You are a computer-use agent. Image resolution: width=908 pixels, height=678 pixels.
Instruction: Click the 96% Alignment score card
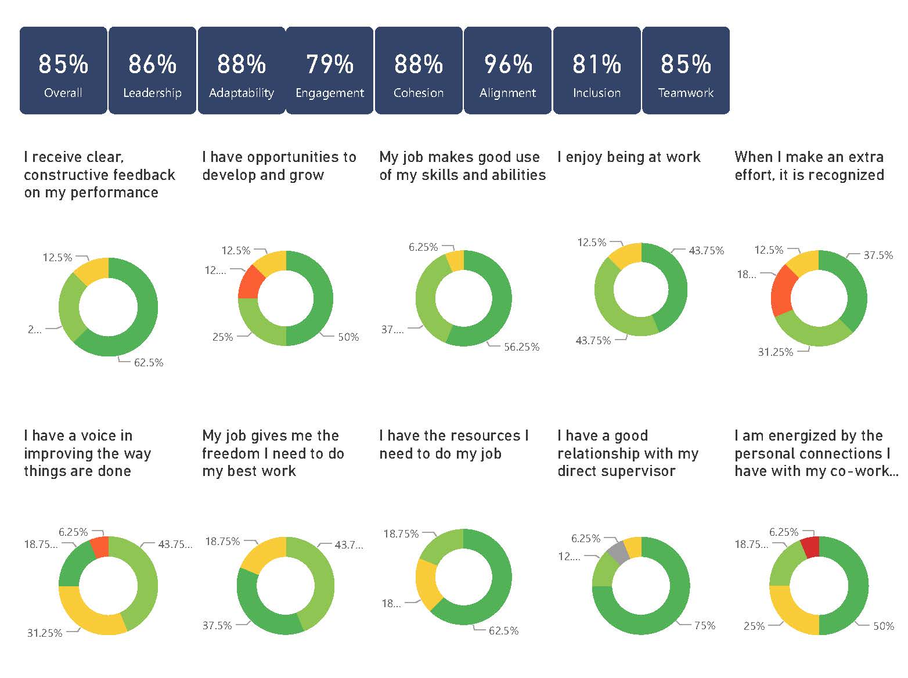click(x=507, y=70)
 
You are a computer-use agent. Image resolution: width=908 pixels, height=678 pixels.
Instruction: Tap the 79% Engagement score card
click(x=330, y=70)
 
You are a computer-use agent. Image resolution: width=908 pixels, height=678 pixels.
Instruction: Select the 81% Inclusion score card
click(x=596, y=70)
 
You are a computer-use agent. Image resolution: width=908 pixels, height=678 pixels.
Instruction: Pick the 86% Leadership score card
click(x=152, y=70)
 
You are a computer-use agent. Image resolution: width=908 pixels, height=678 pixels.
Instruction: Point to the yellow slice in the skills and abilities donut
click(x=455, y=260)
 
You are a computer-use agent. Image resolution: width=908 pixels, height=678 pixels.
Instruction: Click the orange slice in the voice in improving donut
click(x=100, y=547)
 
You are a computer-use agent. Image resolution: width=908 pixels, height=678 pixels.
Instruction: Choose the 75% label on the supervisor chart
click(x=705, y=626)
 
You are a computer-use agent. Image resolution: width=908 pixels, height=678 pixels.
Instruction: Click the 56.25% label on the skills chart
click(x=521, y=347)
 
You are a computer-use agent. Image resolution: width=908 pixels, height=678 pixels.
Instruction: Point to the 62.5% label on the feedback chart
click(x=149, y=363)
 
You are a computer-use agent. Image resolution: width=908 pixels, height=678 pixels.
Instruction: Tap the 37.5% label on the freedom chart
click(x=217, y=626)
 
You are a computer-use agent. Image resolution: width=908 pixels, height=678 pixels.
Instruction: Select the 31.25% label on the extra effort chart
click(x=775, y=352)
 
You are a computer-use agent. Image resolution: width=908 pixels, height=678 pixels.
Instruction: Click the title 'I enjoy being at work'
click(x=629, y=157)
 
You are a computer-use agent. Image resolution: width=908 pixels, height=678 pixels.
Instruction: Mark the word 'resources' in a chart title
click(x=471, y=436)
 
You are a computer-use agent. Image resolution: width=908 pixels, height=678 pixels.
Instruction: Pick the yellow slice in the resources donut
click(x=428, y=583)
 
